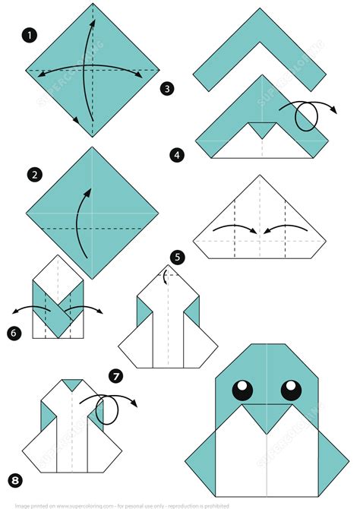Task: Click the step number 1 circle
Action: [30, 35]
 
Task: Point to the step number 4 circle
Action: [177, 155]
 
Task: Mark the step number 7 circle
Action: [115, 375]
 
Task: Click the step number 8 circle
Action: [13, 479]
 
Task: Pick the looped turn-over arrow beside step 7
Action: [111, 409]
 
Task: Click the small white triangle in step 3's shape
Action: [260, 130]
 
